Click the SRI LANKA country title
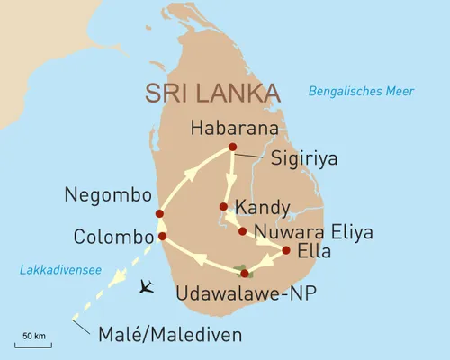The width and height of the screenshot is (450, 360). tap(211, 94)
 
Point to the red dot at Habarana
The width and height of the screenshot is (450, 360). tap(232, 147)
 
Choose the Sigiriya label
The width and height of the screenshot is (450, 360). tap(299, 161)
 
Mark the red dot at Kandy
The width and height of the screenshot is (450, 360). tap(223, 207)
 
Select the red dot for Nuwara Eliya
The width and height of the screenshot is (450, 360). tap(242, 231)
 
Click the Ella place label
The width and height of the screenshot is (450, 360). tap(315, 251)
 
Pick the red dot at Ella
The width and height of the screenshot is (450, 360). tap(286, 250)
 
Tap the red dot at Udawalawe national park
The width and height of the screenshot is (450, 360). tap(244, 273)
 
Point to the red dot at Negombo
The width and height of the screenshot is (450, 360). tap(159, 214)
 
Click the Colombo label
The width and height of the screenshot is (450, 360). tap(112, 238)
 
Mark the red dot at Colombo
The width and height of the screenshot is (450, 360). tap(162, 237)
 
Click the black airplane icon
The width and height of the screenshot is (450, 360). tap(148, 287)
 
